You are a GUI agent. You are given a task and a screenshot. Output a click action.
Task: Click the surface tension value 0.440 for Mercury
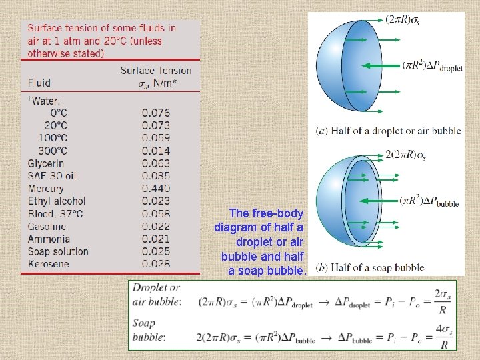click(156, 189)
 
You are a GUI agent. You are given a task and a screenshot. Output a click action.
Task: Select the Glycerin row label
click(46, 163)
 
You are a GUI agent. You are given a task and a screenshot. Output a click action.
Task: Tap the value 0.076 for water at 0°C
click(156, 113)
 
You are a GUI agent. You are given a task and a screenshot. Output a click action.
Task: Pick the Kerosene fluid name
click(48, 264)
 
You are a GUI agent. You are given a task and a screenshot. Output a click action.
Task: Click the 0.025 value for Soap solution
click(156, 251)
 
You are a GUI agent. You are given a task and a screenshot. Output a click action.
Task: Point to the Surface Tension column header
click(156, 71)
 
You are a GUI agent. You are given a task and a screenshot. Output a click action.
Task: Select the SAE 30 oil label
click(52, 176)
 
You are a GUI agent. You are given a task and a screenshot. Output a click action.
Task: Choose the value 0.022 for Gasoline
click(156, 226)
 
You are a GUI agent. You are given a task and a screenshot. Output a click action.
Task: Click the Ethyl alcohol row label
click(57, 201)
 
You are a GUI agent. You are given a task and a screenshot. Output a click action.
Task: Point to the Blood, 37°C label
click(55, 213)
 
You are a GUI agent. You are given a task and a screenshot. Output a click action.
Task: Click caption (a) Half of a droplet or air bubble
click(388, 131)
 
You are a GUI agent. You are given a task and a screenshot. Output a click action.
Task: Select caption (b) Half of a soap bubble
click(369, 268)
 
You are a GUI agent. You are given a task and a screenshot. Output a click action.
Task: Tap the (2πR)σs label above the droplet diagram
click(402, 20)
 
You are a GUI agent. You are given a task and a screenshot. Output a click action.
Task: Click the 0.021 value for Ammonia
click(156, 239)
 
